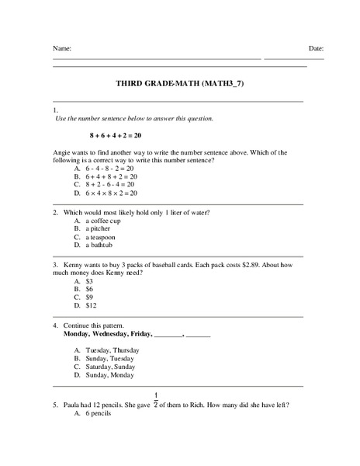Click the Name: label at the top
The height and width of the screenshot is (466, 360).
tap(62, 48)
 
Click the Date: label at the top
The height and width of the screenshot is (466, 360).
tap(316, 48)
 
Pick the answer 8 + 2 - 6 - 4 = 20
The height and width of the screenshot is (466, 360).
tap(110, 185)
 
